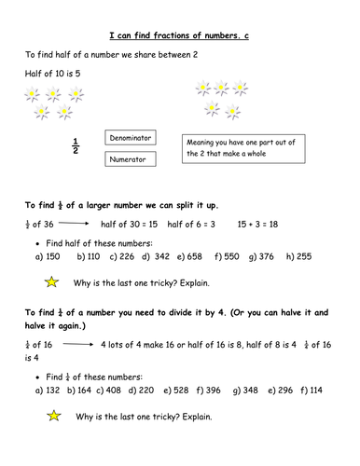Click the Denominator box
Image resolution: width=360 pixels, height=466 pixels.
(x=130, y=137)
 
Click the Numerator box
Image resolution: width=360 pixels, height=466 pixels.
(x=130, y=158)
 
